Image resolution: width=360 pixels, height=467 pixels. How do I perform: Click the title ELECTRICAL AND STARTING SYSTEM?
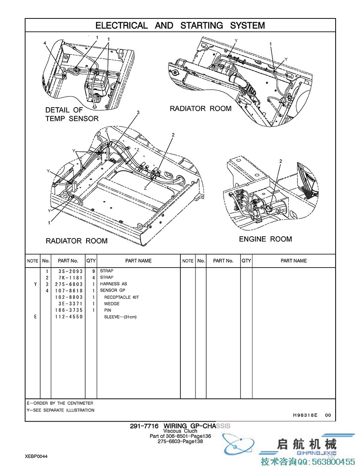(180, 25)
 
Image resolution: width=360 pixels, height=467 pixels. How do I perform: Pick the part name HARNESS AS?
(114, 284)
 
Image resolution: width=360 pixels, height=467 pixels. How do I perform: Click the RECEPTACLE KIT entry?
(121, 297)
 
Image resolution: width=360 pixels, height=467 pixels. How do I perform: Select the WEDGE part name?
(112, 304)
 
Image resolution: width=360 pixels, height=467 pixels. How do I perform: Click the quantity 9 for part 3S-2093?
(93, 271)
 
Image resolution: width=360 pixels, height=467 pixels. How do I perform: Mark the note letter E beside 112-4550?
(35, 316)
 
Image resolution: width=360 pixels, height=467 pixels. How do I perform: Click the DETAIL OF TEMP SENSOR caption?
(72, 114)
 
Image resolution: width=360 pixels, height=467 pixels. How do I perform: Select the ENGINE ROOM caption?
(265, 239)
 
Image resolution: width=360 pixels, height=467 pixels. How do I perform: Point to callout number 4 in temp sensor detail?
(45, 43)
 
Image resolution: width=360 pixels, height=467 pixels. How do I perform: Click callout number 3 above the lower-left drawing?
(138, 112)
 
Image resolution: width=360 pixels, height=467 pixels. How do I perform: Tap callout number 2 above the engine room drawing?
(281, 161)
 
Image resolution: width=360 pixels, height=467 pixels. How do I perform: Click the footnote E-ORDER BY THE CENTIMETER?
(60, 403)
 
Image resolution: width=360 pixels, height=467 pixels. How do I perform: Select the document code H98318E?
(305, 415)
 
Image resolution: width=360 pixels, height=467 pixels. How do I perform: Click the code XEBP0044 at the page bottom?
(36, 457)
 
